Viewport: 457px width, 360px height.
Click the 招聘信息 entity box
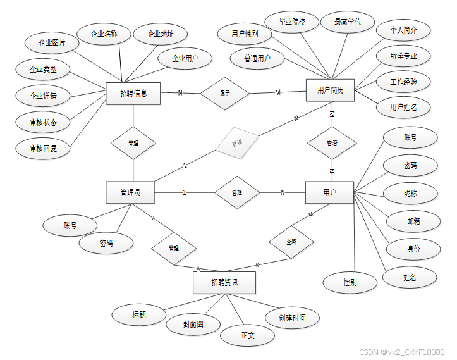tap(133, 93)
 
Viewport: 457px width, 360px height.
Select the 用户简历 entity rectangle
tap(330, 90)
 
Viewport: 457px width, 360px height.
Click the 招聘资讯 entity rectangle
tap(224, 282)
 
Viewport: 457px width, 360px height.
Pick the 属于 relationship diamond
tap(224, 92)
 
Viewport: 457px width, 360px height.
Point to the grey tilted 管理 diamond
tap(237, 144)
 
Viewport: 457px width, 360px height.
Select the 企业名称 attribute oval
tap(104, 34)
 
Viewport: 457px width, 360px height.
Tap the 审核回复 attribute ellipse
tap(43, 148)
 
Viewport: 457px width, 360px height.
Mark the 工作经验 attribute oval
tap(403, 82)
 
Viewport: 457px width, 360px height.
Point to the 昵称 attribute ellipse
tap(410, 192)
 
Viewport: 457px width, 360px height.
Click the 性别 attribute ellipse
tap(350, 282)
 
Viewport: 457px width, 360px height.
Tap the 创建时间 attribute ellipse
tap(291, 318)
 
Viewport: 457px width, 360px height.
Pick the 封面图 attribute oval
tap(193, 324)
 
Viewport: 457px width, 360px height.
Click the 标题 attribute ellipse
tap(139, 314)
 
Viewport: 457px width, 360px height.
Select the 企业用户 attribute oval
tap(185, 59)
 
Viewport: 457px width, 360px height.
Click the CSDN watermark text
tap(401, 352)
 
